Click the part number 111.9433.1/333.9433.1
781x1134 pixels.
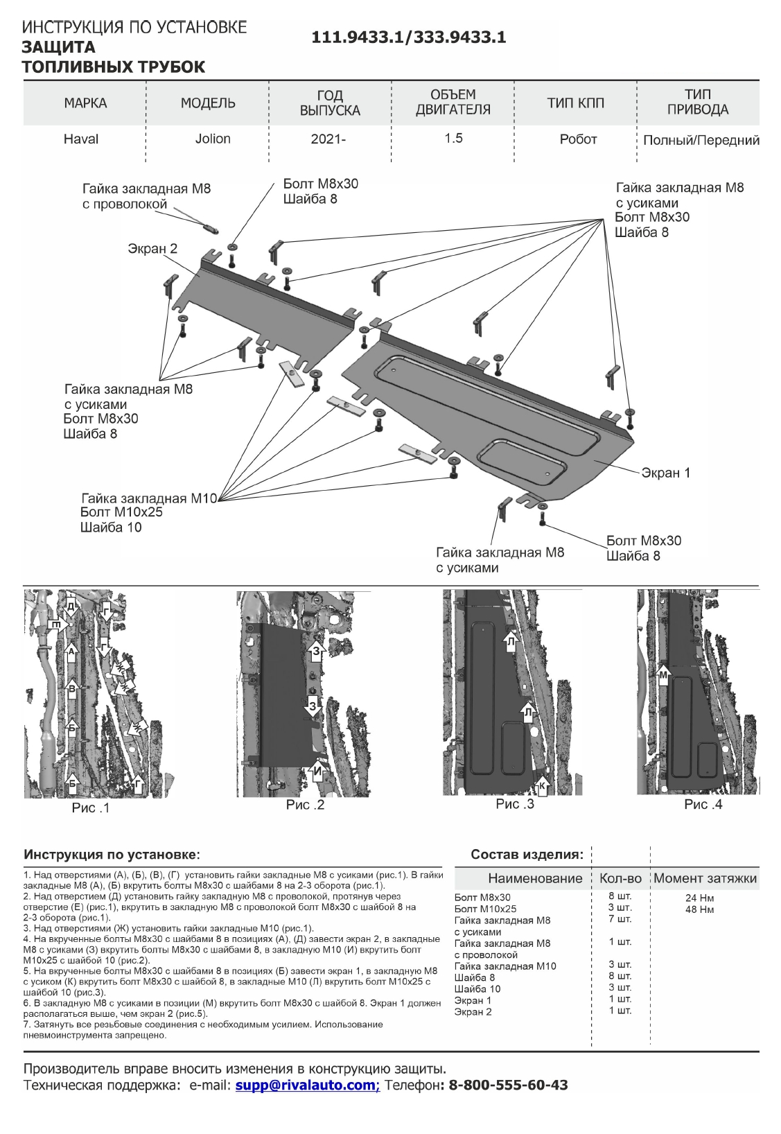coord(408,37)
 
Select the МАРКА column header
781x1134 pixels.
coord(85,103)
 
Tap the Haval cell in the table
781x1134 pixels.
coord(81,139)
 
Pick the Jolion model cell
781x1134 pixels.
coord(213,139)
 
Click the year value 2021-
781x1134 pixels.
coord(328,139)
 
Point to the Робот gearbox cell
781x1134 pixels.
coord(578,139)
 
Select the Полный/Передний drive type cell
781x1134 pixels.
coord(701,140)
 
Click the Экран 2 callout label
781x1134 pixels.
coord(152,249)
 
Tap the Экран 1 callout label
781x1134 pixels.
coord(665,473)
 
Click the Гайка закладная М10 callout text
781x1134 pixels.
coord(149,498)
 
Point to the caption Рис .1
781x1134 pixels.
coord(91,808)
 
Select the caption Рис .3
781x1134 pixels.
coord(515,804)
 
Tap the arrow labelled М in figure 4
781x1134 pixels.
coord(664,672)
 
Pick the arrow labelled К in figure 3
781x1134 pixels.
coord(542,785)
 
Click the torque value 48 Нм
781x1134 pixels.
coord(699,909)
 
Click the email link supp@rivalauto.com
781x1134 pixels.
coord(307,1085)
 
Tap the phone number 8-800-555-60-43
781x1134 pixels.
coord(508,1085)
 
